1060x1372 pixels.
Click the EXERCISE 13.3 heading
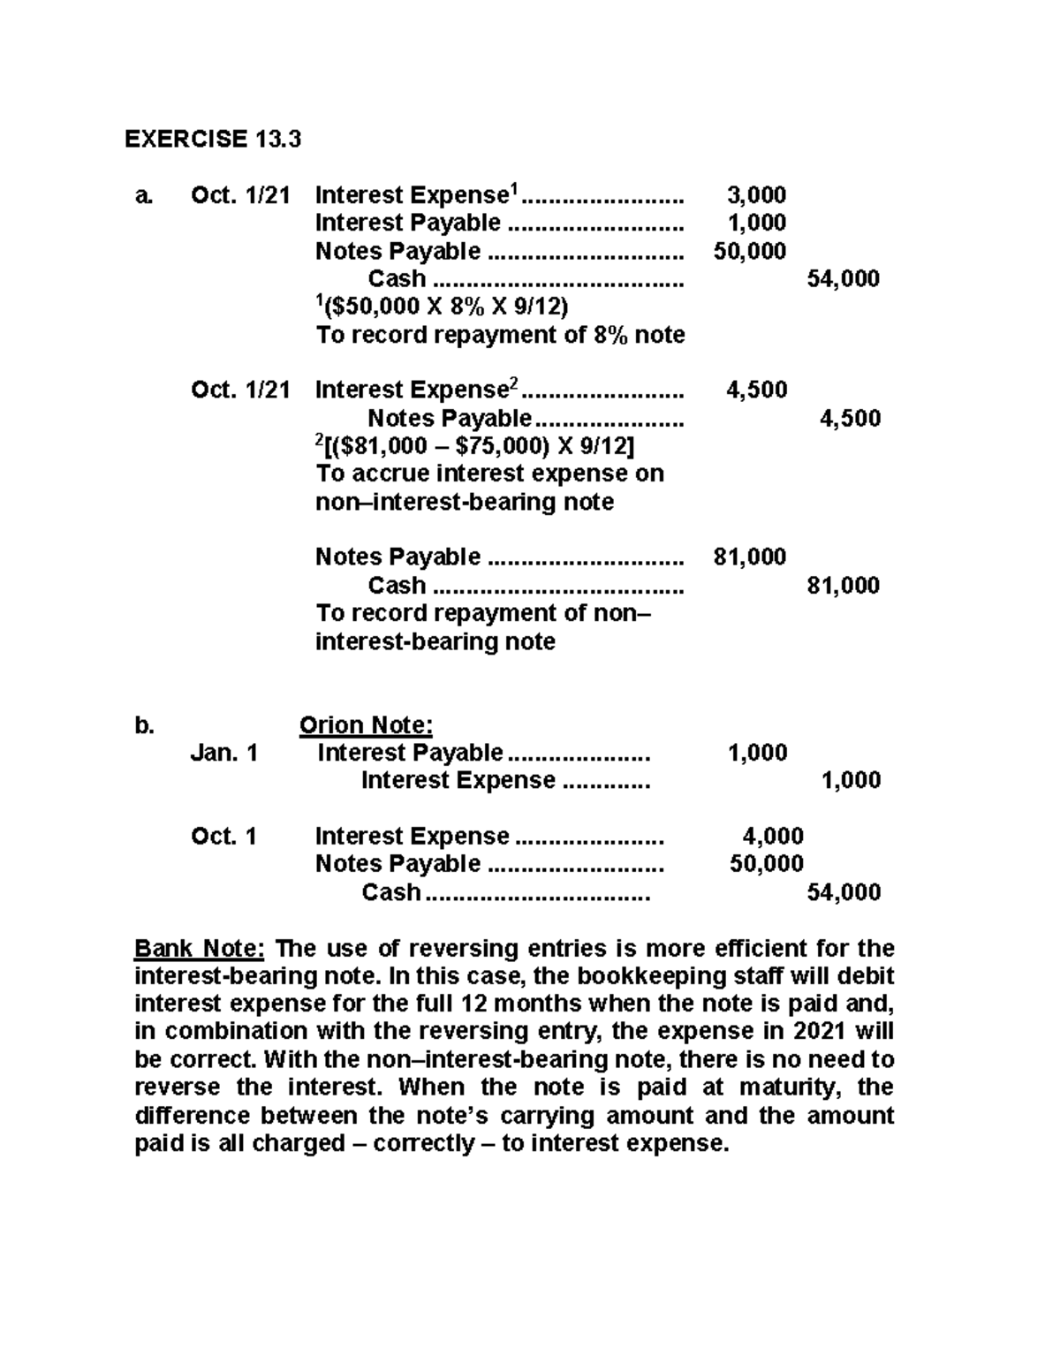click(x=213, y=139)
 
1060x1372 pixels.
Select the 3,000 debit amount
click(x=755, y=194)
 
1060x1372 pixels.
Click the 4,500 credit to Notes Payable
click(x=850, y=418)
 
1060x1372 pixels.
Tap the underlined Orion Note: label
click(x=366, y=725)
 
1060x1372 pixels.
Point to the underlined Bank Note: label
click(x=199, y=948)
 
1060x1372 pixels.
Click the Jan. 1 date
click(x=224, y=753)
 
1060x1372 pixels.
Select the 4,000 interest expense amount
click(x=772, y=836)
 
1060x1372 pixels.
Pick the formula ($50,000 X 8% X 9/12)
click(x=443, y=307)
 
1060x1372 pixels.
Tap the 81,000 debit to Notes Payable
click(x=749, y=557)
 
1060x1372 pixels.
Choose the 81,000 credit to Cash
click(x=843, y=585)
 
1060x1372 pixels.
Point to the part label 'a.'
click(x=143, y=195)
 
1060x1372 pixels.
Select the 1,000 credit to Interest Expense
click(x=851, y=780)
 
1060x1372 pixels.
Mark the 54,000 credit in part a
click(x=843, y=279)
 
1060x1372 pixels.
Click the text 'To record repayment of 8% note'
click(x=500, y=335)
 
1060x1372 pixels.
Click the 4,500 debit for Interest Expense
click(x=756, y=390)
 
